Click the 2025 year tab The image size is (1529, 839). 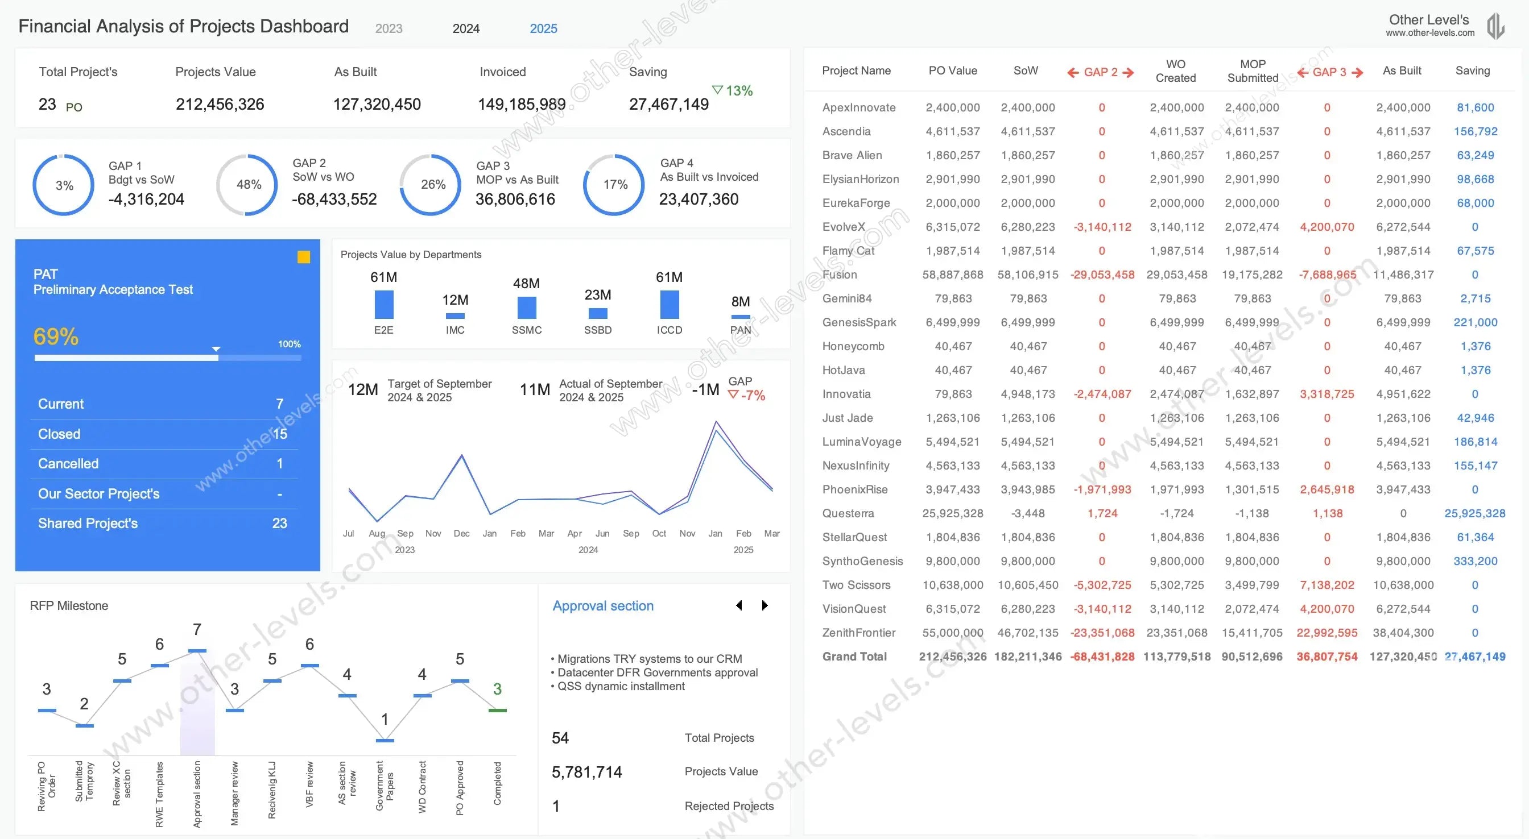[x=543, y=28]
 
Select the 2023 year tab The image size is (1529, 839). [x=389, y=28]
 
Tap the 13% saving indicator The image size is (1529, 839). [x=733, y=91]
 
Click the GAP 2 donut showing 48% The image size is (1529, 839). [x=247, y=185]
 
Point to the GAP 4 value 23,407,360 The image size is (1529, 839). [x=699, y=200]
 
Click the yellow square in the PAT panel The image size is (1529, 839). [x=303, y=257]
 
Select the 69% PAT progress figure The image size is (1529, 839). [x=56, y=337]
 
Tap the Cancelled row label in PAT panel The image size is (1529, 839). [x=68, y=463]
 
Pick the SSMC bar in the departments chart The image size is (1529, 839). [x=527, y=308]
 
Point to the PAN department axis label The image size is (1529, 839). [x=740, y=330]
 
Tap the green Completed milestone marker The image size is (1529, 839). [x=497, y=710]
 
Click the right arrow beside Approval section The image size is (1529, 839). [x=765, y=605]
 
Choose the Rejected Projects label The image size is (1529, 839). [x=729, y=806]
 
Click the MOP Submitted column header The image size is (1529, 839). [x=1253, y=70]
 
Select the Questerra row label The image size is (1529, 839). [x=848, y=513]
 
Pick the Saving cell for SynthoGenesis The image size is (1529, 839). [x=1475, y=560]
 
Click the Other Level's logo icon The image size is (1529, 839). [x=1496, y=27]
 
